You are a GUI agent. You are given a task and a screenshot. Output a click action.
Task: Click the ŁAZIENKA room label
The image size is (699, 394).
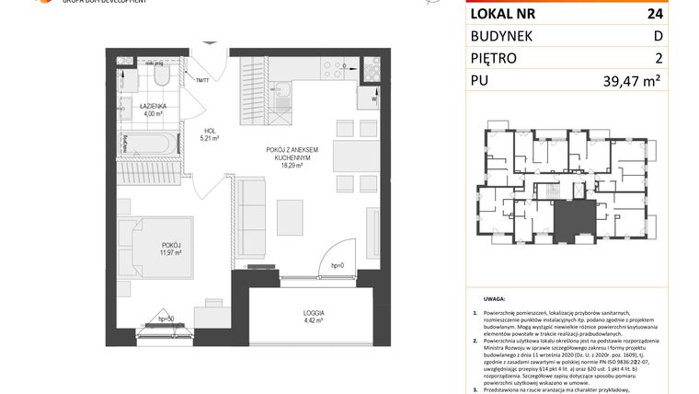[140, 107]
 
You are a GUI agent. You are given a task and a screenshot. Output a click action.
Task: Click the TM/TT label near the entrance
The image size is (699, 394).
[202, 80]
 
